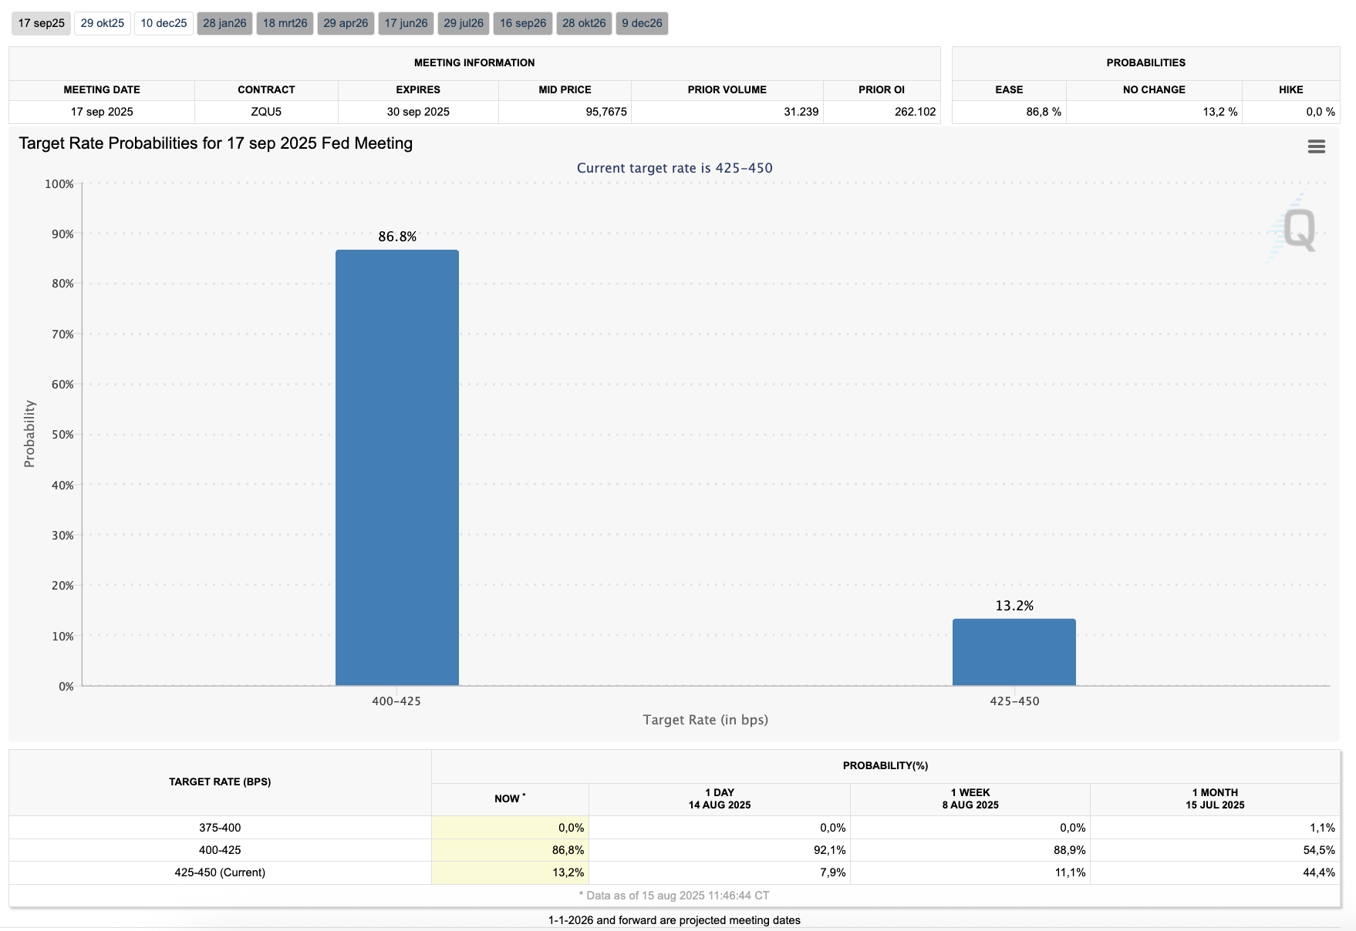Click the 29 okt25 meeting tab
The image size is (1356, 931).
(x=103, y=23)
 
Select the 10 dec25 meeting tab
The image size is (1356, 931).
(x=164, y=23)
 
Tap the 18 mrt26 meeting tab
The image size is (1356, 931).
(x=285, y=23)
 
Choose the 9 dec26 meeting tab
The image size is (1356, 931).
(x=642, y=23)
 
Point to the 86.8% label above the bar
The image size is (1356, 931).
(x=397, y=237)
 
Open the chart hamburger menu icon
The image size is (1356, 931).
(x=1316, y=146)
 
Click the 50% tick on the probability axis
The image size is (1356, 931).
(x=62, y=435)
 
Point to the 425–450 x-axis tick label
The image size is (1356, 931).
(x=1014, y=701)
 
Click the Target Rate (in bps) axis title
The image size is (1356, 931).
(x=705, y=720)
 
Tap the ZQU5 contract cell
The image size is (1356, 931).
(x=266, y=112)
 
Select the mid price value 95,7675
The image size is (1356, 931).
(x=605, y=112)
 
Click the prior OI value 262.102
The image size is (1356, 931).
(x=915, y=112)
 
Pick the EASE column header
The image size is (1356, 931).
(x=1009, y=89)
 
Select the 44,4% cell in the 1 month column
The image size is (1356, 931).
(x=1318, y=872)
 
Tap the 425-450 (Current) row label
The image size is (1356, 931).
(x=220, y=872)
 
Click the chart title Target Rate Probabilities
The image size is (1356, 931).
(x=215, y=143)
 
